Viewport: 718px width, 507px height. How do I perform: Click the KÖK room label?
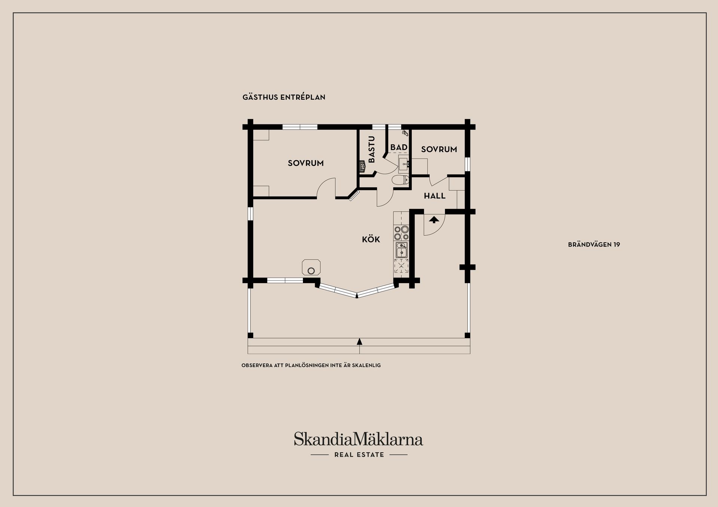371,239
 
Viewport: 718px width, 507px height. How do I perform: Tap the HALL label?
435,196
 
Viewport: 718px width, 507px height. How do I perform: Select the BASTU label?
372,149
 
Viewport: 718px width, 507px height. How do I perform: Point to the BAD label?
399,148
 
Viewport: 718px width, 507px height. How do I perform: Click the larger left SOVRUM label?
306,163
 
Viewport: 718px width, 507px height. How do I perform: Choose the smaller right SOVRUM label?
439,149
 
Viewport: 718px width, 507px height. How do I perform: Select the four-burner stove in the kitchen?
401,233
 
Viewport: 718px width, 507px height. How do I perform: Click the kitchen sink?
402,250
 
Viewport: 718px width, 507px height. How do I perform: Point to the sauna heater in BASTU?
362,166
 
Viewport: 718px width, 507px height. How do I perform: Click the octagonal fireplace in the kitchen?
311,268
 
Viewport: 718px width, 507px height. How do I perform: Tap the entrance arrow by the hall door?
434,219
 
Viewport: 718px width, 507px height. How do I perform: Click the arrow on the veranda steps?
359,341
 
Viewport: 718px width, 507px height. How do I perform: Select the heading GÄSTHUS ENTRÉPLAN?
284,97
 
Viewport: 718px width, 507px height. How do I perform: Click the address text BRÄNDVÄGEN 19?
594,245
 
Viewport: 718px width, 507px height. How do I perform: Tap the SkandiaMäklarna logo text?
358,439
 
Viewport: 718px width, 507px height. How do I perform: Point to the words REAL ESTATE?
359,455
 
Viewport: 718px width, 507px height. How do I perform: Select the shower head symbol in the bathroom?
405,132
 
